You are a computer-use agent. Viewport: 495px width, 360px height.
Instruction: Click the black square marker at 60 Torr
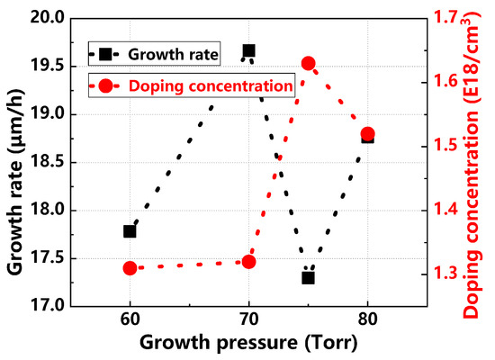coord(130,231)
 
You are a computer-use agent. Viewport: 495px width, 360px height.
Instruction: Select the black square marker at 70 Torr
coord(248,51)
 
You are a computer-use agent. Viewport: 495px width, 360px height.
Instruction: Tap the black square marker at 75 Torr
coord(308,277)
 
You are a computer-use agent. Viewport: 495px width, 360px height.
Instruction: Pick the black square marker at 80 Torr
coord(367,137)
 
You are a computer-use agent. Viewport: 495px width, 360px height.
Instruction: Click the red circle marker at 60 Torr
coord(130,268)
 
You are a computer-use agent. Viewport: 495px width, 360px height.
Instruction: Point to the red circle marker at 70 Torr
coord(248,262)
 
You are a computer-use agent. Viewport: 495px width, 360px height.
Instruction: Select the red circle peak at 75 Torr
coord(308,63)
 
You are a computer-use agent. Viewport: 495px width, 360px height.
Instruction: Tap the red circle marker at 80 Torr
coord(367,134)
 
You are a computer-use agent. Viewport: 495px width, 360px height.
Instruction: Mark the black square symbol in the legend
coord(107,54)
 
